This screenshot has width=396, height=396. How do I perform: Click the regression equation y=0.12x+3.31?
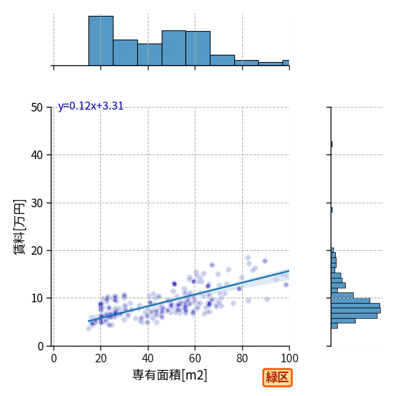[90, 106]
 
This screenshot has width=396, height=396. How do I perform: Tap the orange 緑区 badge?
[277, 378]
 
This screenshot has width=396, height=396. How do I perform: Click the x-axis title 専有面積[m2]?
[170, 375]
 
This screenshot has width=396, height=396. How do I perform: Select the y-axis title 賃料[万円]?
[19, 227]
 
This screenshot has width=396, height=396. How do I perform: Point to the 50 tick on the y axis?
[37, 108]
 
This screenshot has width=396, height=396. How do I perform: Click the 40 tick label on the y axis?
[37, 155]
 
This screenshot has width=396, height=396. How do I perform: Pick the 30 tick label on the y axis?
[37, 203]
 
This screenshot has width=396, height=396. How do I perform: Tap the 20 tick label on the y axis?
[37, 251]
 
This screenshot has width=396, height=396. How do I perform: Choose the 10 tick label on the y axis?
[37, 298]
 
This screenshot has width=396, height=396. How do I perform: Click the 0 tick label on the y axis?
[40, 346]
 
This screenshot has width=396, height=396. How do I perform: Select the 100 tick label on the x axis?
[290, 358]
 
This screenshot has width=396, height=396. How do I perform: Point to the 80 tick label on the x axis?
[242, 358]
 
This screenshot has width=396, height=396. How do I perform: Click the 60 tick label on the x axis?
[195, 358]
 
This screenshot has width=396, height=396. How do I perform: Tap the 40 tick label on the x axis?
[148, 358]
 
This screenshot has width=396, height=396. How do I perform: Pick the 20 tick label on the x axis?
[101, 358]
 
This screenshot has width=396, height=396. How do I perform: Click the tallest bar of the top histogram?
[101, 41]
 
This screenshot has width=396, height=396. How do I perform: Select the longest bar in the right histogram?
[356, 310]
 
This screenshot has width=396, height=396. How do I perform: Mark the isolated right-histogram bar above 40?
[331, 144]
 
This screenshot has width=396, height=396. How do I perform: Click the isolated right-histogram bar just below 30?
[331, 210]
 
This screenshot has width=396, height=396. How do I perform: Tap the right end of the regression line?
[289, 271]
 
